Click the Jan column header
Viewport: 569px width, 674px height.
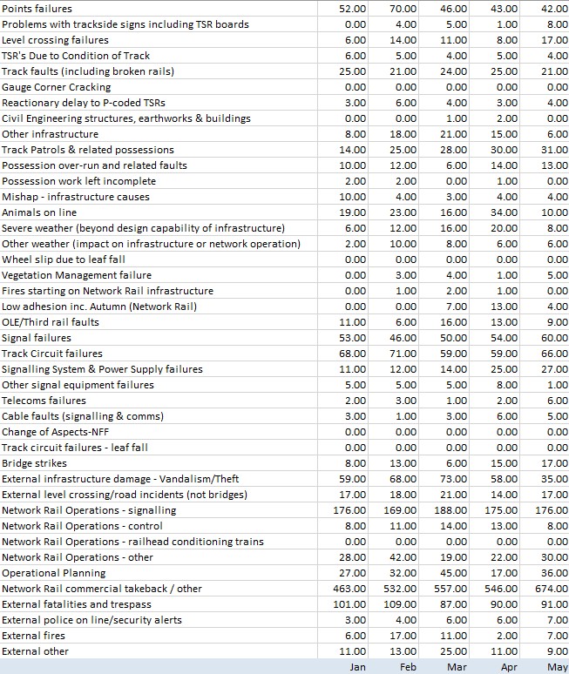pyautogui.click(x=357, y=666)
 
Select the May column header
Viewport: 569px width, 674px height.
pyautogui.click(x=559, y=666)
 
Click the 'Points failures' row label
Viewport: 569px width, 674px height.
pyautogui.click(x=37, y=9)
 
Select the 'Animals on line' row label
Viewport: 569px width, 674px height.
pyautogui.click(x=39, y=212)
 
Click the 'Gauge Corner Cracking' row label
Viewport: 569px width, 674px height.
pyautogui.click(x=57, y=87)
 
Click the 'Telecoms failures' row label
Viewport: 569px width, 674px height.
pyautogui.click(x=44, y=401)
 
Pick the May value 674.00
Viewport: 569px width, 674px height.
pyautogui.click(x=552, y=589)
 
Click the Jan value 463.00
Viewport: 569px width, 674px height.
pyautogui.click(x=349, y=589)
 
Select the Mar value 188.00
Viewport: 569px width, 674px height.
pyautogui.click(x=450, y=510)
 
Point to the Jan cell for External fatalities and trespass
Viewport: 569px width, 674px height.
pyautogui.click(x=349, y=604)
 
